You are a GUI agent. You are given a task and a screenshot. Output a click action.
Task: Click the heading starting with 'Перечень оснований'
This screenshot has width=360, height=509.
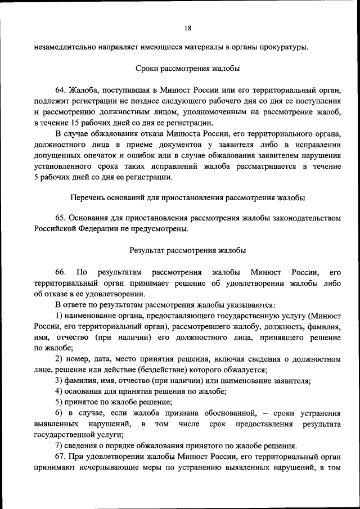click(187, 198)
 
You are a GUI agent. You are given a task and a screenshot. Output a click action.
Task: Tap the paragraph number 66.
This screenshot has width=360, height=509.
click(61, 272)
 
